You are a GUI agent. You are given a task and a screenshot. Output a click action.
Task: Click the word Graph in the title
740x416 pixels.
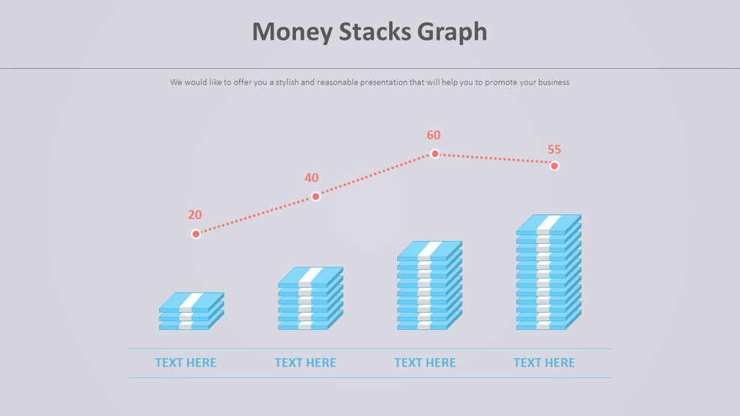pos(453,33)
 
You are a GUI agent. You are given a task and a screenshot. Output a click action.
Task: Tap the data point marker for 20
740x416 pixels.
pos(196,234)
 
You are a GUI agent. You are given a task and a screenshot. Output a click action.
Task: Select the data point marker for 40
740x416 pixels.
pos(315,196)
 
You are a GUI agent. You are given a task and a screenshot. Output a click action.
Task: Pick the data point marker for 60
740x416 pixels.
pos(434,153)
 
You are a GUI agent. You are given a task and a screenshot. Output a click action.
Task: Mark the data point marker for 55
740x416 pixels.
pos(554,165)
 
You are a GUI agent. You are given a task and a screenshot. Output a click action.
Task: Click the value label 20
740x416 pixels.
pos(195,215)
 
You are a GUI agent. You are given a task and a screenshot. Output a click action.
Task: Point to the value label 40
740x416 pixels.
pos(312,178)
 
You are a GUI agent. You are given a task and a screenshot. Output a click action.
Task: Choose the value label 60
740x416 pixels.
pos(434,135)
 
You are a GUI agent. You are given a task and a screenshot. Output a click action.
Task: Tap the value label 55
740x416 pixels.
pos(554,150)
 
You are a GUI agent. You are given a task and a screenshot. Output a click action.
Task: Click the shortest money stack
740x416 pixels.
pos(191,311)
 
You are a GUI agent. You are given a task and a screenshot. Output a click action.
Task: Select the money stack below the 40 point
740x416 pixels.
pos(310,299)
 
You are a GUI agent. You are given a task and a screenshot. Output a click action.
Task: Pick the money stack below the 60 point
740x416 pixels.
pos(429,286)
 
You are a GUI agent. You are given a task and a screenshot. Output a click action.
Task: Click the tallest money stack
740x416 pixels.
pos(548,272)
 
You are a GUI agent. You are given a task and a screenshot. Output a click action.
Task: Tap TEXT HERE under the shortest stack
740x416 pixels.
pos(186,363)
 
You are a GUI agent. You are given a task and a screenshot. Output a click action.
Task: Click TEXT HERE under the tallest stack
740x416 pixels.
pos(544,363)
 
